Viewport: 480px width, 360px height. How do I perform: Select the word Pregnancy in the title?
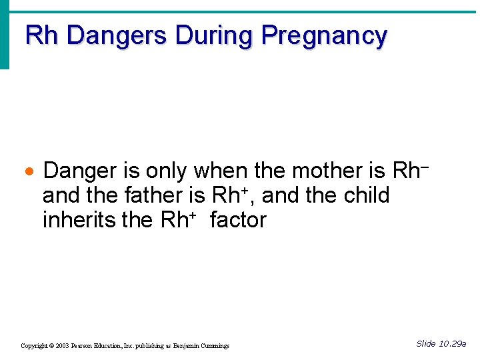pos(324,36)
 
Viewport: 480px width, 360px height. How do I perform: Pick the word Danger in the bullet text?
pos(80,171)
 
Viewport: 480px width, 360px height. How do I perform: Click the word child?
pos(367,196)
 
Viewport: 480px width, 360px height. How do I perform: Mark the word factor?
pos(237,220)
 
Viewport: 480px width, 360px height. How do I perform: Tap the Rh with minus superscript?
pos(409,171)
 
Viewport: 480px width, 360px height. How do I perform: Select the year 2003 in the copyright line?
pos(63,346)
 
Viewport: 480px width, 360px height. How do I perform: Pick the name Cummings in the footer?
pos(214,346)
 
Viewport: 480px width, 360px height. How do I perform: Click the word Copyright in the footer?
pos(34,346)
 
